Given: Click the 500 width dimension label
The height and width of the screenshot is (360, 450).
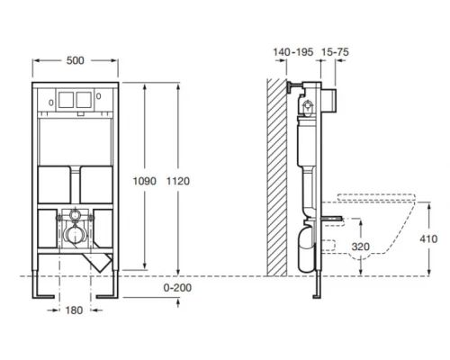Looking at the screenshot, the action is tap(75, 60).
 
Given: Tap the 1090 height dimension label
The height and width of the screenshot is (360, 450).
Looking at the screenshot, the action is tap(145, 181).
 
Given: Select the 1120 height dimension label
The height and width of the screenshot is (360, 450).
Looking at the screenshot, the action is tap(178, 181).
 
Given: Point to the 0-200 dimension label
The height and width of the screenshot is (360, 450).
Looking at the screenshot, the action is tap(177, 288).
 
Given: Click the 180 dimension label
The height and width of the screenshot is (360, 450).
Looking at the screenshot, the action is tap(74, 310).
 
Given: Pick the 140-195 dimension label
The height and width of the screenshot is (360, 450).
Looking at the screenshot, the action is tap(293, 52).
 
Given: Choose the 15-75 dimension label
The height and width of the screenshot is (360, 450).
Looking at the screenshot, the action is tap(335, 52).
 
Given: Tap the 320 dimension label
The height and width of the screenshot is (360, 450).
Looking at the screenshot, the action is tap(360, 247).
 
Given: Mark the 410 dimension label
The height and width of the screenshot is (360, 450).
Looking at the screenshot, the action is tap(428, 239).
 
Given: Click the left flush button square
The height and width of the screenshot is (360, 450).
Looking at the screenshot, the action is tap(66, 100).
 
